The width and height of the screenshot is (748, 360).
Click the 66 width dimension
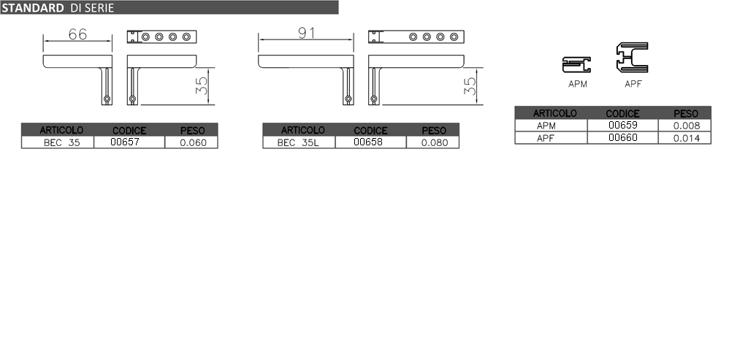pos(77,34)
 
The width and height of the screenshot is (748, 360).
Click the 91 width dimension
pos(306,33)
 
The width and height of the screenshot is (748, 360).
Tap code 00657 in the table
pos(124,142)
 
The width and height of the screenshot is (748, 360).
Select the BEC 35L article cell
pos(298,142)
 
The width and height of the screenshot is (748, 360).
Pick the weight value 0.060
pos(193,142)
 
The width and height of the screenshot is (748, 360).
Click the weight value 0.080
pos(435,142)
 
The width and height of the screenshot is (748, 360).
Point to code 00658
pos(368,142)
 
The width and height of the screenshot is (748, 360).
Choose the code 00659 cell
pos(623,126)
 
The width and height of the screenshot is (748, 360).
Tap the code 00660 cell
pos(623,138)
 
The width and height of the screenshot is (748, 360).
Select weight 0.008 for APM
pos(687,126)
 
